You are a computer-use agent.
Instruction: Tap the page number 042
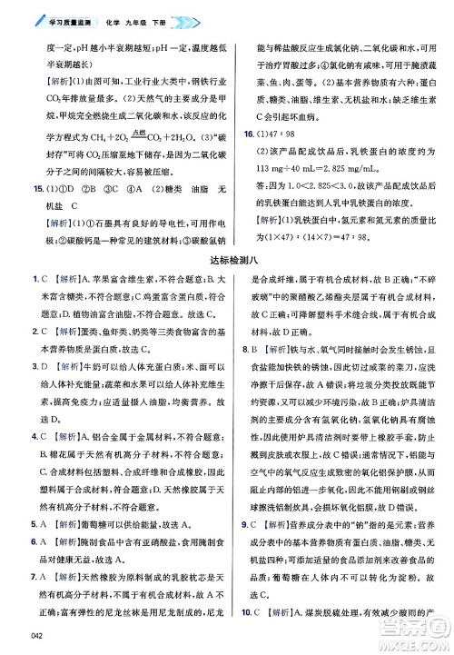coord(37,634)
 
